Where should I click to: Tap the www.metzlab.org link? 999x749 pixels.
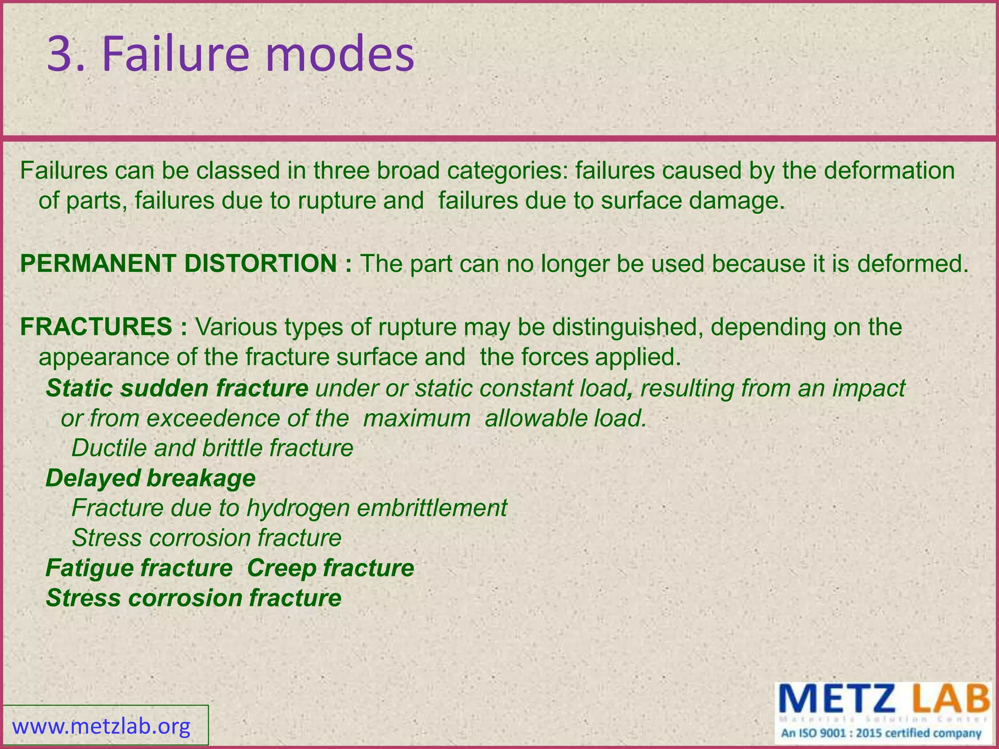click(101, 727)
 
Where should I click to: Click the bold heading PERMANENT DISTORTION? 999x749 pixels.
click(178, 264)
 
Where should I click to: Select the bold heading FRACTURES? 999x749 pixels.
click(96, 327)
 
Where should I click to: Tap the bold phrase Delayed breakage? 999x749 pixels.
click(150, 478)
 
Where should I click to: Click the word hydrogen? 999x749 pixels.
click(298, 508)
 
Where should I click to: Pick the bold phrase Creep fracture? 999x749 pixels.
click(330, 568)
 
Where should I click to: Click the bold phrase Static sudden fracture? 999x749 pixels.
click(177, 389)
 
